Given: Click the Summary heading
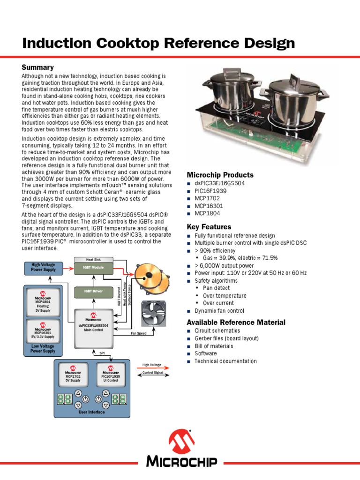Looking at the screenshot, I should point(37,67).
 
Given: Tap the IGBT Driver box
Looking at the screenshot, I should point(94,292).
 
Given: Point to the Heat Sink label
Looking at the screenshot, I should point(94,259).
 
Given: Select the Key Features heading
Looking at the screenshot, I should point(209,227).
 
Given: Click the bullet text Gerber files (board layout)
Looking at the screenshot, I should point(226,338).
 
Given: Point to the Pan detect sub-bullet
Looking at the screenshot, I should point(216,288).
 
